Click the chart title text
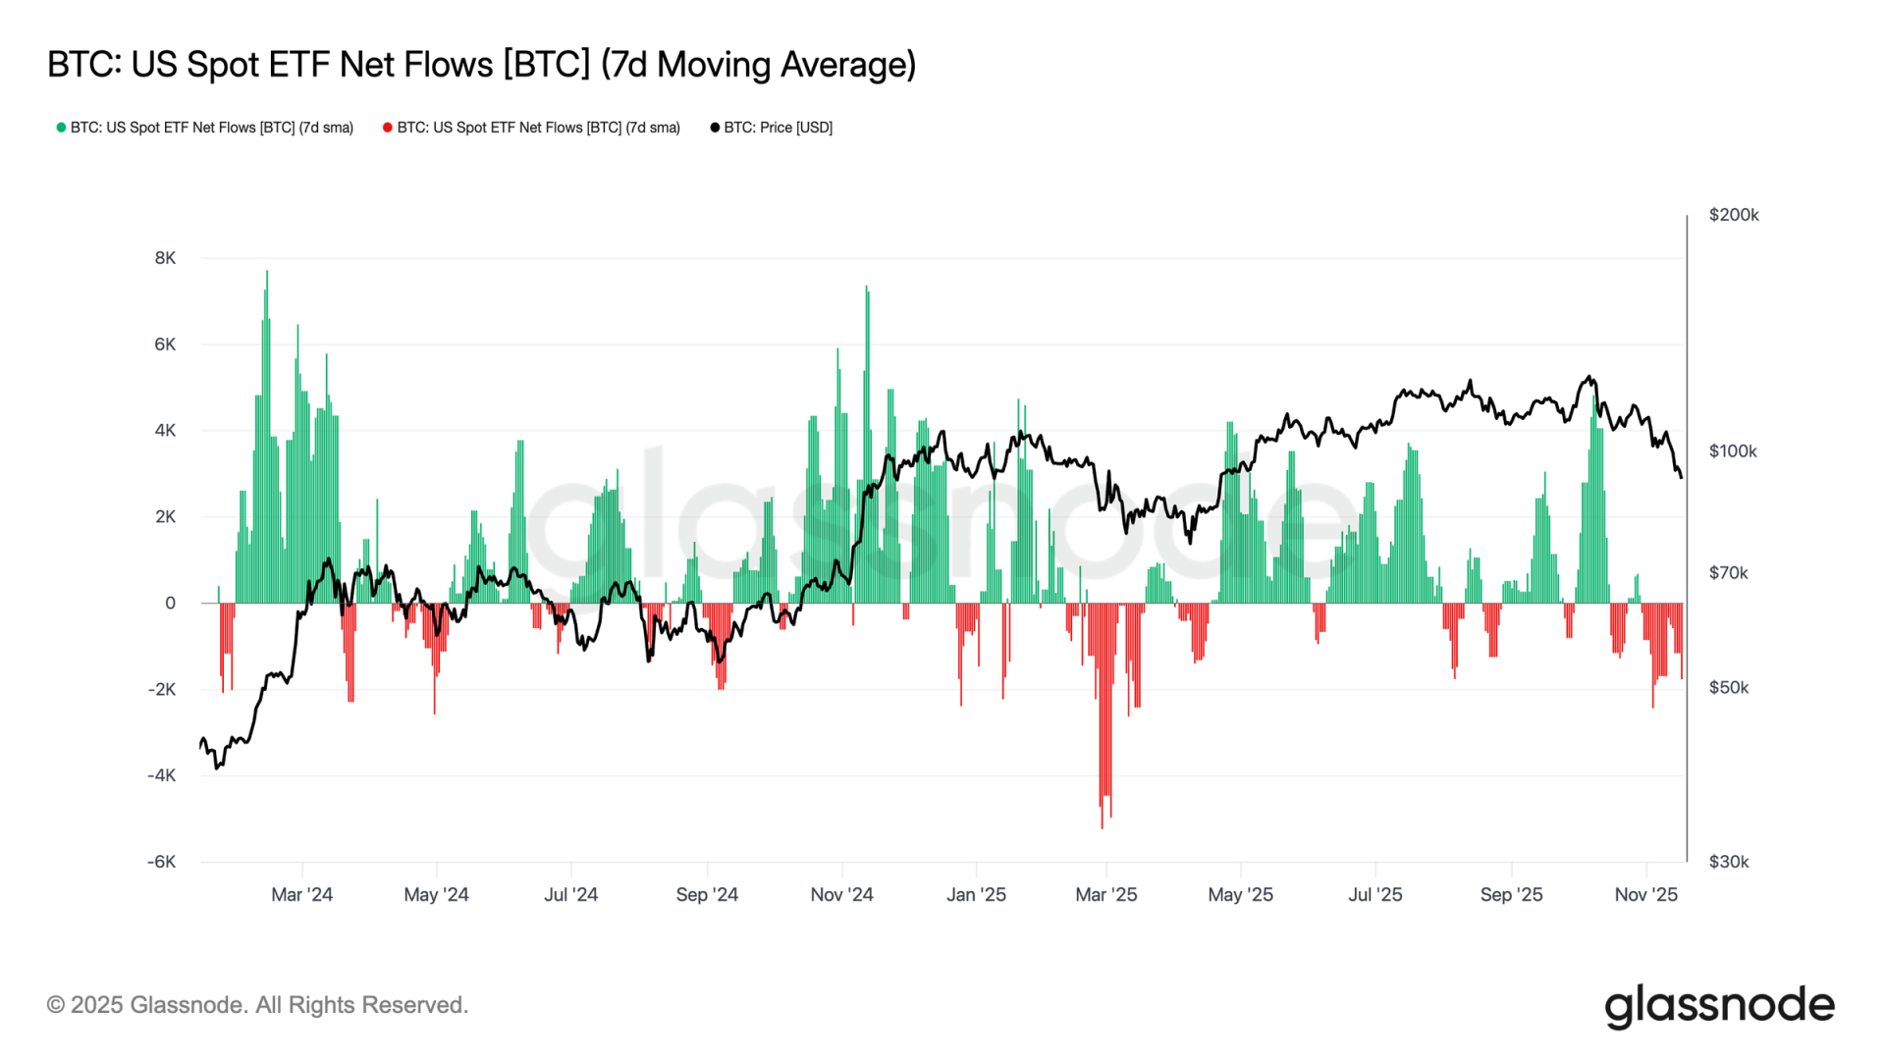pyautogui.click(x=481, y=65)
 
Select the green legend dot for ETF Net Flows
pyautogui.click(x=61, y=128)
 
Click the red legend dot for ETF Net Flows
pyautogui.click(x=388, y=128)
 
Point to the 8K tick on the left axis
pyautogui.click(x=165, y=258)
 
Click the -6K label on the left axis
pyautogui.click(x=162, y=862)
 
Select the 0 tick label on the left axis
pyautogui.click(x=171, y=604)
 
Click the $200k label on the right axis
pyautogui.click(x=1734, y=215)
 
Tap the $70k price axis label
pyautogui.click(x=1728, y=573)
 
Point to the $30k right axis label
pyautogui.click(x=1729, y=862)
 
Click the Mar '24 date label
pyautogui.click(x=301, y=895)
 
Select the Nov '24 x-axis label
pyautogui.click(x=841, y=895)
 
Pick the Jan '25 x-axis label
pyautogui.click(x=976, y=895)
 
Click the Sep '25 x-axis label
pyautogui.click(x=1511, y=895)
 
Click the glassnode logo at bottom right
pyautogui.click(x=1719, y=1006)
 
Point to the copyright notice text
pyautogui.click(x=257, y=1005)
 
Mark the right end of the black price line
pyautogui.click(x=1681, y=477)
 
